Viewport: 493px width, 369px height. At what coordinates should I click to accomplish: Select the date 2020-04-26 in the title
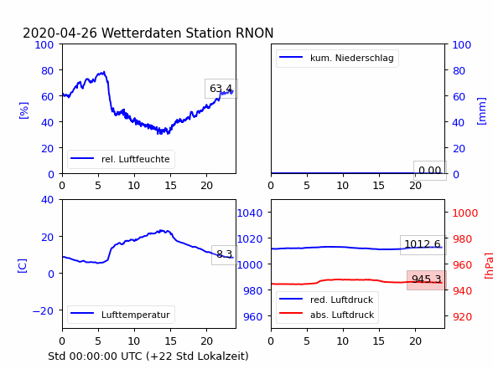(60, 33)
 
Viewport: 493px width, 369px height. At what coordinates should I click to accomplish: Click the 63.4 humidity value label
(221, 89)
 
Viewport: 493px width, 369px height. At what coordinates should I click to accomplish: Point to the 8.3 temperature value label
(224, 254)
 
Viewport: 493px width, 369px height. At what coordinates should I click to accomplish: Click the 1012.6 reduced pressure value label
(423, 243)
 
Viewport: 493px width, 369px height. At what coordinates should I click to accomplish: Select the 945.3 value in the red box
(426, 279)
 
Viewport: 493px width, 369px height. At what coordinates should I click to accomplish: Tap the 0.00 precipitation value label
(430, 171)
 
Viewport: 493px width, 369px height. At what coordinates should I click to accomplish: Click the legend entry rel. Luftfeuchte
(136, 159)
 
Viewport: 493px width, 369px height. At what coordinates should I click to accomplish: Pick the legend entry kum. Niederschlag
(352, 58)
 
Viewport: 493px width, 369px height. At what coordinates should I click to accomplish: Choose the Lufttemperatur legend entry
(136, 315)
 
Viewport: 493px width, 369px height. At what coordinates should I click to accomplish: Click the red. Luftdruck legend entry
(341, 300)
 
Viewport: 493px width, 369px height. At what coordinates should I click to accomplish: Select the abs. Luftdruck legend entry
(342, 315)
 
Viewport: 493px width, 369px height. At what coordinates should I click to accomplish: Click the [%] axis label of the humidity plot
(23, 110)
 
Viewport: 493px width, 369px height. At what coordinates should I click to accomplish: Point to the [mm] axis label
(481, 111)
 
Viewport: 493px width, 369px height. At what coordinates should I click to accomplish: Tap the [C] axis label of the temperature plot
(22, 266)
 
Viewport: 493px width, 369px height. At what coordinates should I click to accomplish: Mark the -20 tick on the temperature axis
(43, 311)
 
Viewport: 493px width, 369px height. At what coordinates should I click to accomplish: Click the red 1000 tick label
(465, 213)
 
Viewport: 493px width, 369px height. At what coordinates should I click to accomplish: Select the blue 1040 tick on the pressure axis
(250, 213)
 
